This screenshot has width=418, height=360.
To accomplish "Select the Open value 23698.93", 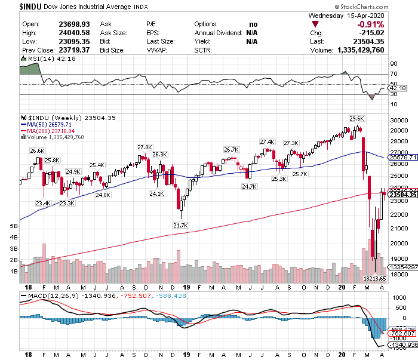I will [x=73, y=24].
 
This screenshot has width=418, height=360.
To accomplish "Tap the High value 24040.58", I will [x=73, y=32].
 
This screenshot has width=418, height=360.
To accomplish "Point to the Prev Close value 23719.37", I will [x=73, y=50].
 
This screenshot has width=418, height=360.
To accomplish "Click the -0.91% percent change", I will [x=370, y=24].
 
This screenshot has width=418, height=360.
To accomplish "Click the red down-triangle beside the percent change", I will [x=315, y=24].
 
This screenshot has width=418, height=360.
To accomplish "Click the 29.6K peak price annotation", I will [x=356, y=118].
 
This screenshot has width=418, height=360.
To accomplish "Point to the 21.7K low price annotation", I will [x=180, y=225].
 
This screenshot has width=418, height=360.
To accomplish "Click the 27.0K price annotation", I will [x=145, y=147].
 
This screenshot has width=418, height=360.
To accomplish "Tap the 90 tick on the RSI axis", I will [x=394, y=62].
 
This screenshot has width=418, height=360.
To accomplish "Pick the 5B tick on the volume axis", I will [x=14, y=227].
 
